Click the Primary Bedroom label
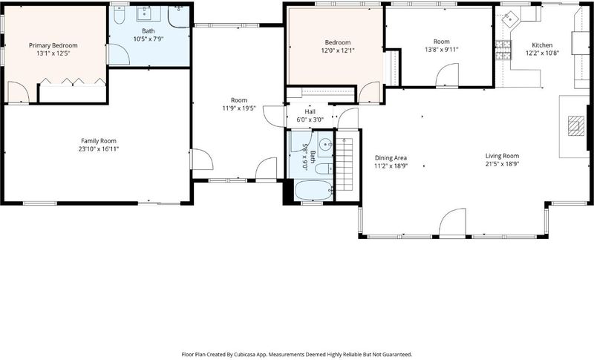coord(53,45)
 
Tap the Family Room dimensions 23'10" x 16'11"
coord(99,148)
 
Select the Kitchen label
coord(542,45)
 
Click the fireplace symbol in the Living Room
coord(576,125)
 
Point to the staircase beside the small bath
coord(345,165)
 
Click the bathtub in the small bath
coord(313,191)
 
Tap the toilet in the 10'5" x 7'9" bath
coord(119,15)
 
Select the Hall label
coord(310,111)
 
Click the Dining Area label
coord(391,158)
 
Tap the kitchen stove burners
coord(503,50)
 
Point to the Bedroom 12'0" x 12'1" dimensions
coord(338,50)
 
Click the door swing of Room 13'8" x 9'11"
coord(447,75)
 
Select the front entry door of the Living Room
coord(452,222)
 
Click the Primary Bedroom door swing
coord(18,91)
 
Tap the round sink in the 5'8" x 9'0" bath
coord(325,145)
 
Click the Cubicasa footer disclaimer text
coord(296,355)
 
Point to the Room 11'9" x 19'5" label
coord(239,100)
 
